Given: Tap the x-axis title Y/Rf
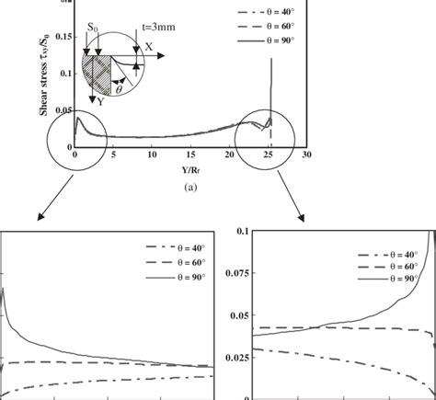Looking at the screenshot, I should pos(164,168).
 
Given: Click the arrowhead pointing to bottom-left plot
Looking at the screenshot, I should pos(39,218).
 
